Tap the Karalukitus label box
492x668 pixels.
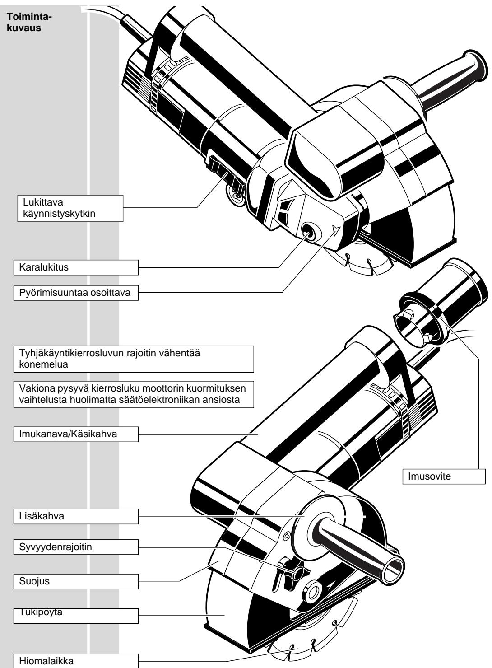click(75, 267)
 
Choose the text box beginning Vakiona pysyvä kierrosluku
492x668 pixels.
click(134, 395)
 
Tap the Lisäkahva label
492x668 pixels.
click(75, 517)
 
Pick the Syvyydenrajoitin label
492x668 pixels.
click(75, 547)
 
